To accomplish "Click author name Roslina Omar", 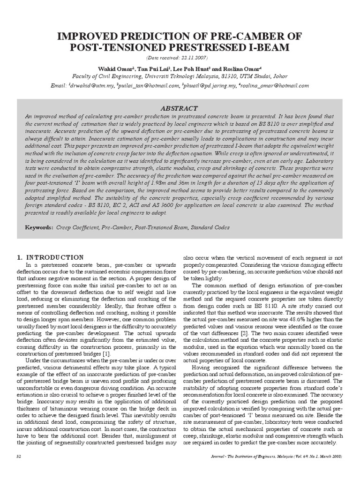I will click(x=246, y=67).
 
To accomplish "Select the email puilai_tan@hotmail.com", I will click(x=150, y=86).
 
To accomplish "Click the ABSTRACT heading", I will click(x=180, y=108).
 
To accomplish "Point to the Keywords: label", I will click(x=39, y=228).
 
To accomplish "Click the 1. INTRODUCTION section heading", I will click(x=50, y=257).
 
